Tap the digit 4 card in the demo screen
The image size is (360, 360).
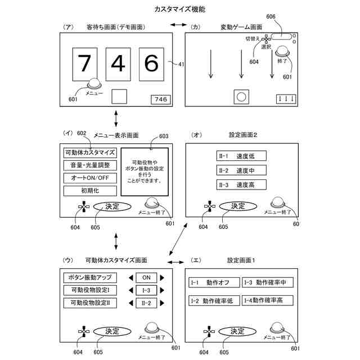(118, 64)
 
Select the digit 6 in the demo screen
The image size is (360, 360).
(151, 64)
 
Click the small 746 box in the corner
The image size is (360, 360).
(161, 100)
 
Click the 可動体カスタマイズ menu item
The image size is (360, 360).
(90, 152)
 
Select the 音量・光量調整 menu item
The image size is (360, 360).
(90, 165)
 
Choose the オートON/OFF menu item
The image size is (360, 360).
(90, 178)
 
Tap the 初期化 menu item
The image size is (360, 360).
(90, 191)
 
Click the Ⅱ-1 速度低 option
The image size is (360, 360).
(241, 156)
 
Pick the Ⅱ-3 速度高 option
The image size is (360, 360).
(241, 184)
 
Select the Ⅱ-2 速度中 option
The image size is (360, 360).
(241, 170)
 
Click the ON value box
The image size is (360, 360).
(146, 277)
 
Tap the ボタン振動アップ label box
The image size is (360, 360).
(90, 277)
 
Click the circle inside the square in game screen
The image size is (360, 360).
(241, 97)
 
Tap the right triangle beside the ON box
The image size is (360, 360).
(163, 277)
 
